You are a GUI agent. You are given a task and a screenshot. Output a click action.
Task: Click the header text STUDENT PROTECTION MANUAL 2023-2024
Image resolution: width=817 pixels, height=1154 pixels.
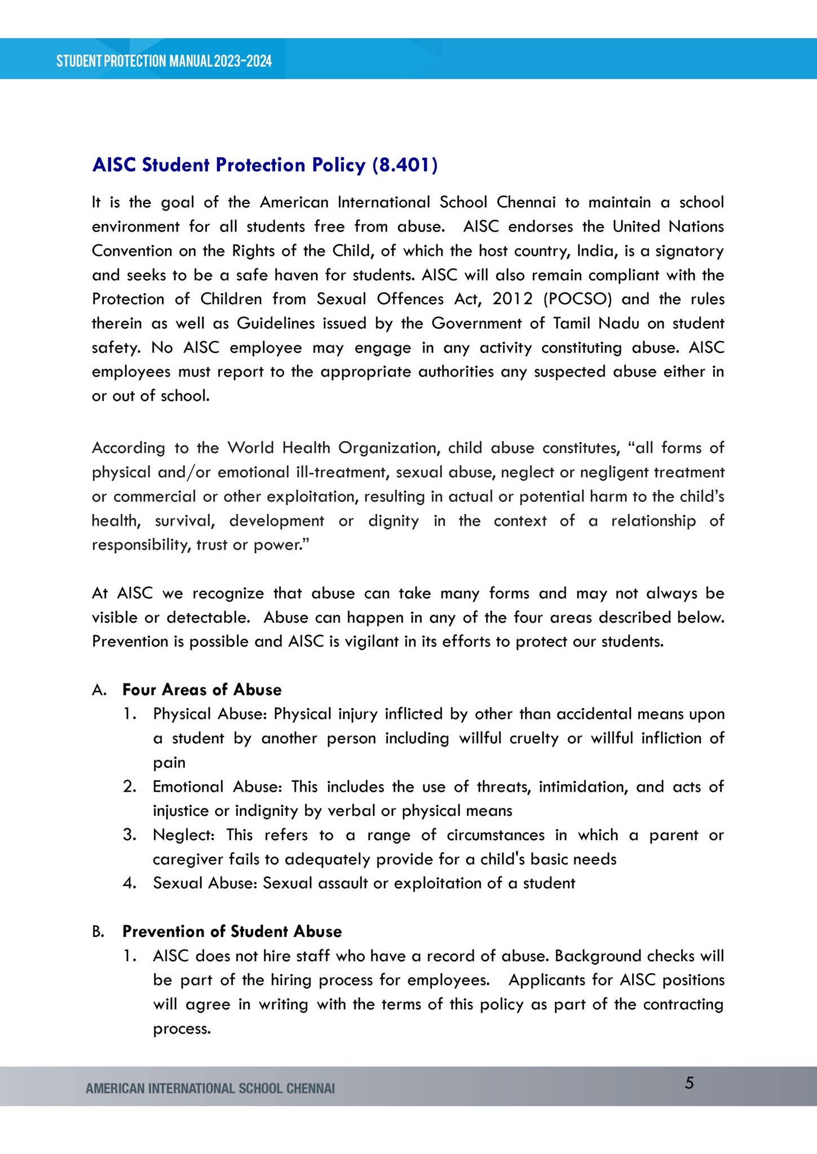coord(164,61)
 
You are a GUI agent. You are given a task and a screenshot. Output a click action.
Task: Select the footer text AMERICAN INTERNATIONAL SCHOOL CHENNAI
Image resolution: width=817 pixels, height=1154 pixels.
coord(210,1088)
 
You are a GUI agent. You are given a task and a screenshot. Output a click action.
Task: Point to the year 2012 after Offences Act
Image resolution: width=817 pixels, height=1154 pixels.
coord(512,299)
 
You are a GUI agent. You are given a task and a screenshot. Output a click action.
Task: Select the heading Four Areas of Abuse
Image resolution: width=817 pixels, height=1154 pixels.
coord(202,690)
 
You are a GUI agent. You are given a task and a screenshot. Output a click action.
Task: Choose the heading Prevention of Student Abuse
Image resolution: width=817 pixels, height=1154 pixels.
coord(232,931)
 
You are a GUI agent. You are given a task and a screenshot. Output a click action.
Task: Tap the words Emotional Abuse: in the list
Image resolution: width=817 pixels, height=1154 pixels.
coord(221,787)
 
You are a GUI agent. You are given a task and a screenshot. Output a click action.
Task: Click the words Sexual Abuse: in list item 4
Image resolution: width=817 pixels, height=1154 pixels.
coord(205,883)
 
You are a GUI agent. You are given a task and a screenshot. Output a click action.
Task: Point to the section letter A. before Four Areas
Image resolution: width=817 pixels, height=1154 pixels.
coord(99,690)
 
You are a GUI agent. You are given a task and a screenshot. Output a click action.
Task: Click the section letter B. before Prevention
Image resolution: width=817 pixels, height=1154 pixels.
coord(98,932)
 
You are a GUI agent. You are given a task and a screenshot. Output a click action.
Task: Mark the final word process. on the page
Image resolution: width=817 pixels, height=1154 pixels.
coord(182,1029)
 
